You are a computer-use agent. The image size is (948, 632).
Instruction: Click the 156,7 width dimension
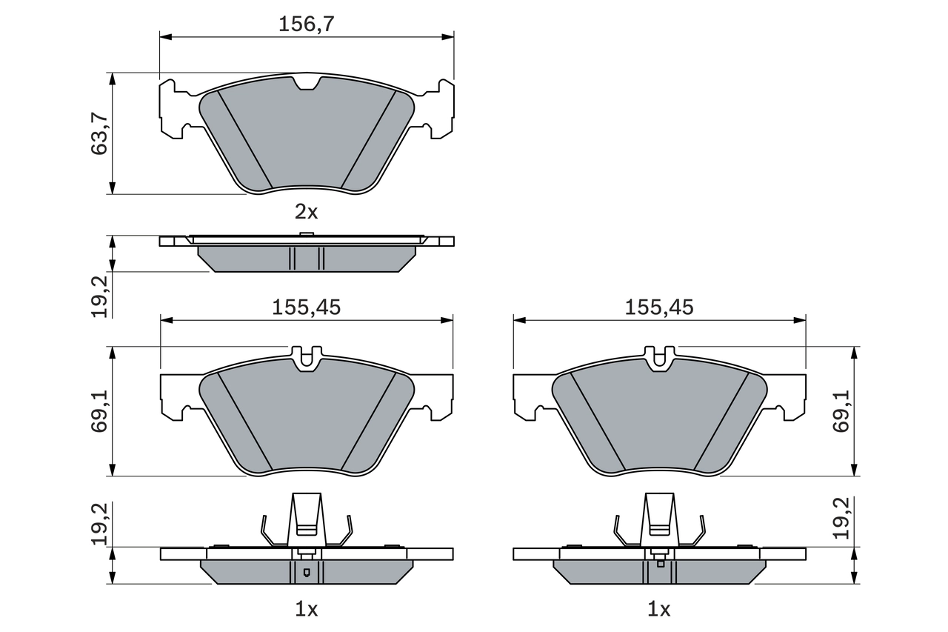307,24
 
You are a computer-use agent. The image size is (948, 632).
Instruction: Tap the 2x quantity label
306,213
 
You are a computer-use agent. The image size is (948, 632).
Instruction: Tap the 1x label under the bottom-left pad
306,610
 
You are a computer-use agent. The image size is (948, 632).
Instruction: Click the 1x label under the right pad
658,610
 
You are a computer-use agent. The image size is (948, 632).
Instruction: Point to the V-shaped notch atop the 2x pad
307,83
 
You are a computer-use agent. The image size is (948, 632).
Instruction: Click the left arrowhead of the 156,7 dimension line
165,36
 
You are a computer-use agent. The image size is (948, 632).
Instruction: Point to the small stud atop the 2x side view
306,235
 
